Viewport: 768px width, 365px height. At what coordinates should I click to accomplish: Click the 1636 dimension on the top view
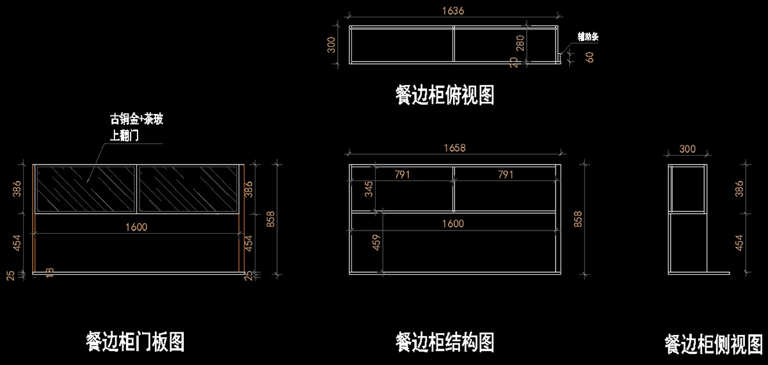452,11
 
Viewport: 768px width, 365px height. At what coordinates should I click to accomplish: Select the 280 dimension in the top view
520,43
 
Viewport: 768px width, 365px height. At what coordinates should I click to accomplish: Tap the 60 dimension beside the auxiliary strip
589,56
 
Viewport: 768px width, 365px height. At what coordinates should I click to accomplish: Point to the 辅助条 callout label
588,36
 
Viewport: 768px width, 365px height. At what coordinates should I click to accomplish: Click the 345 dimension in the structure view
369,190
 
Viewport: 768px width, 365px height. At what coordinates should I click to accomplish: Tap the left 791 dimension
402,174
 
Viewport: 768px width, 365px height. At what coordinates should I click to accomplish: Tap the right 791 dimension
505,174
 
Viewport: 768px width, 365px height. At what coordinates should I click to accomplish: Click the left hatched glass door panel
86,188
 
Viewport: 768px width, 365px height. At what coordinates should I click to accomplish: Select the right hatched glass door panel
188,188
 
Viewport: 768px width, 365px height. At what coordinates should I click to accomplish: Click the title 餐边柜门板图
135,341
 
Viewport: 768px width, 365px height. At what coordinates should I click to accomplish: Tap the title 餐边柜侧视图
714,344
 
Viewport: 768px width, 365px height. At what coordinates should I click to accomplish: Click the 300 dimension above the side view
687,149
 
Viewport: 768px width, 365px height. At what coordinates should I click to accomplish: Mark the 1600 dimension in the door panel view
136,227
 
